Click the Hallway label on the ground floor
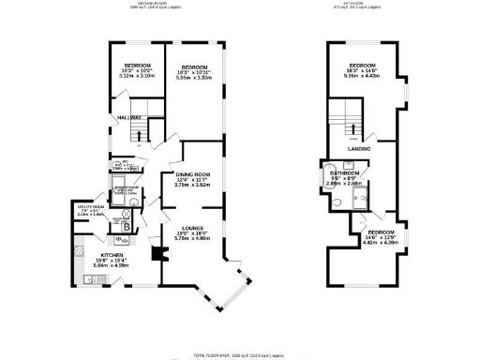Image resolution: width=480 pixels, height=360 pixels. [x=128, y=117]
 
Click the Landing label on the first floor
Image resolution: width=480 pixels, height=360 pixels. [x=358, y=148]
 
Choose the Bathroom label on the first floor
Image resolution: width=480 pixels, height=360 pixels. [x=345, y=173]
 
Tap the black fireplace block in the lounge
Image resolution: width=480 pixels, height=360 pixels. [x=156, y=254]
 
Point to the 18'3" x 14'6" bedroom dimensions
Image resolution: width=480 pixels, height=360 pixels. [x=363, y=75]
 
